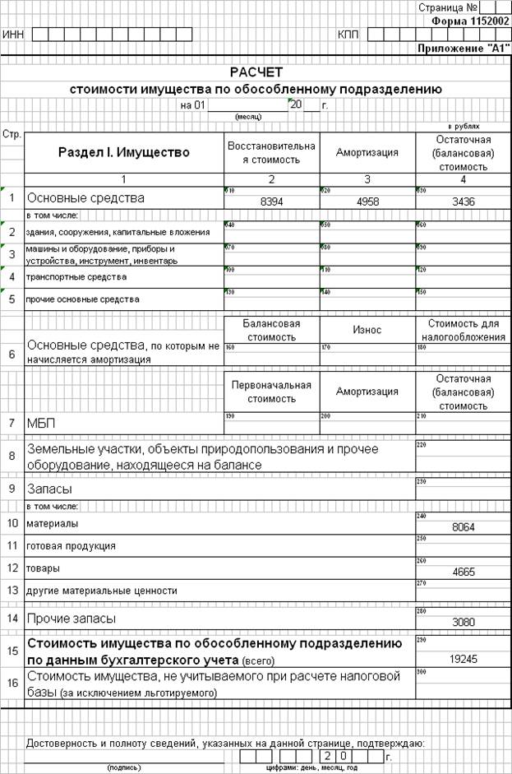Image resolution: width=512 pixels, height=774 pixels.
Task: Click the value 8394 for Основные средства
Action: (271, 201)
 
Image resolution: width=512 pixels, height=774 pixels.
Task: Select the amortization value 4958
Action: (367, 201)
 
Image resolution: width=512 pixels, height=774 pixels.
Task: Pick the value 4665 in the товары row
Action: (463, 572)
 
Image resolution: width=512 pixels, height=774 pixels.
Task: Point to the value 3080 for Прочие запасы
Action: (463, 623)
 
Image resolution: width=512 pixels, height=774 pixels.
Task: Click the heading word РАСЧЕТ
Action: (256, 72)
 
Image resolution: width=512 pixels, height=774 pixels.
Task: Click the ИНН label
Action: (13, 35)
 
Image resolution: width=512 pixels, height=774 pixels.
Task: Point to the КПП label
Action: (348, 35)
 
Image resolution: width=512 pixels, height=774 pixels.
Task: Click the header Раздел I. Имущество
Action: (124, 152)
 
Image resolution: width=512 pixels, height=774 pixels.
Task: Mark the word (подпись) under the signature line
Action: (123, 767)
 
